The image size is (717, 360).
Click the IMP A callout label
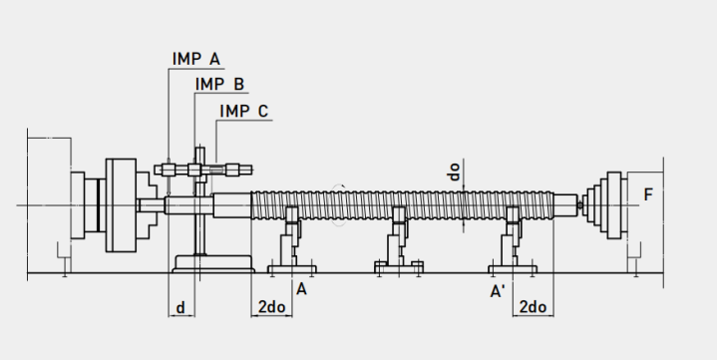(x=196, y=59)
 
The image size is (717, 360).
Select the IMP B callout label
(x=220, y=84)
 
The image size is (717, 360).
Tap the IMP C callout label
(x=243, y=111)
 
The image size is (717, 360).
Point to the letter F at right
(x=648, y=194)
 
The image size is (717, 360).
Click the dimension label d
(x=180, y=308)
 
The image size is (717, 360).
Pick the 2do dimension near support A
(x=271, y=307)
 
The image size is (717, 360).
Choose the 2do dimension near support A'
(x=533, y=307)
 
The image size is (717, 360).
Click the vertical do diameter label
(x=454, y=172)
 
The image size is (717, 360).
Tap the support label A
(x=301, y=289)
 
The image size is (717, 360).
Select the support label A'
(x=498, y=291)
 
